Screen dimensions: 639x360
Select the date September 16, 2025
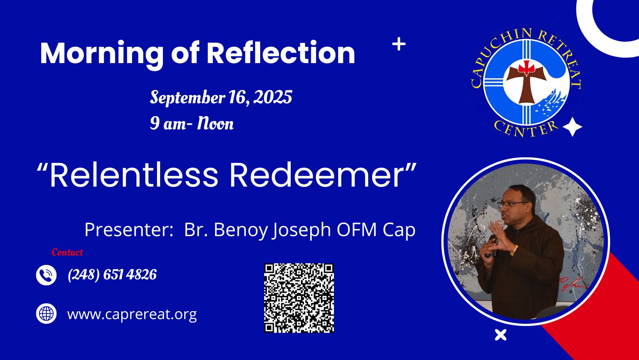click(221, 97)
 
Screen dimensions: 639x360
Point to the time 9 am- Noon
click(192, 123)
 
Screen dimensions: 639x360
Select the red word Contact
click(67, 252)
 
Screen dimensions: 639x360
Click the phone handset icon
click(46, 275)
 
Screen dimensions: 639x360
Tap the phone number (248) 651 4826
click(112, 275)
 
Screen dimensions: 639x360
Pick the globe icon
click(46, 314)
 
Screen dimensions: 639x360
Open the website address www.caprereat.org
click(132, 314)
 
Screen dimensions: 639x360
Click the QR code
click(299, 298)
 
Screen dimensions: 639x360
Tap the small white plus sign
click(399, 44)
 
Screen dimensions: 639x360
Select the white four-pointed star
click(572, 127)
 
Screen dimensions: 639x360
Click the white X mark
click(501, 335)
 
